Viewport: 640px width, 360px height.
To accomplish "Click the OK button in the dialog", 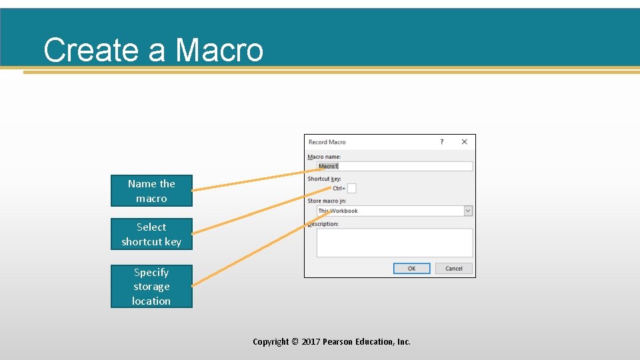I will pyautogui.click(x=411, y=268).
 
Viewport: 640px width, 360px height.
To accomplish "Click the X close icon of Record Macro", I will pyautogui.click(x=464, y=141).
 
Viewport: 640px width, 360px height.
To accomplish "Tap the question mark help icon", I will pyautogui.click(x=441, y=141).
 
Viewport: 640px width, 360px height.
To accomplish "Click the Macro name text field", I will pyautogui.click(x=395, y=166).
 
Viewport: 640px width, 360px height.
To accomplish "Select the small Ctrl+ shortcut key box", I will pyautogui.click(x=351, y=189).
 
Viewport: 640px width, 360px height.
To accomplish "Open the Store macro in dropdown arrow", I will pyautogui.click(x=468, y=211).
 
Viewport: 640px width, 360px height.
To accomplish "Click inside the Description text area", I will pyautogui.click(x=395, y=243).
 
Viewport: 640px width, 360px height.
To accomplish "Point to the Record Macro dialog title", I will pyautogui.click(x=327, y=142).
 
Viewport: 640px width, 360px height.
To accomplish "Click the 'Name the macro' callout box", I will pyautogui.click(x=151, y=191).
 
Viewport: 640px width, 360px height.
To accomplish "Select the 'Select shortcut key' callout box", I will pyautogui.click(x=151, y=234).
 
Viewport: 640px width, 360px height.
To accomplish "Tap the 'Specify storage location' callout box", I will pyautogui.click(x=151, y=286).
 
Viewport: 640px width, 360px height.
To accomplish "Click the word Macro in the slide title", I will pyautogui.click(x=219, y=50).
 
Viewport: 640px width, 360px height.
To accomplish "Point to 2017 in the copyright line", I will pyautogui.click(x=311, y=341).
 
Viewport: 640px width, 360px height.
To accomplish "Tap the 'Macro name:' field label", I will pyautogui.click(x=324, y=157).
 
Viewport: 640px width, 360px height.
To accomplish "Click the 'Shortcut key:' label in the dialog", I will pyautogui.click(x=324, y=179).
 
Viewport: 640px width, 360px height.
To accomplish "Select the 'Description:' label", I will pyautogui.click(x=324, y=224).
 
